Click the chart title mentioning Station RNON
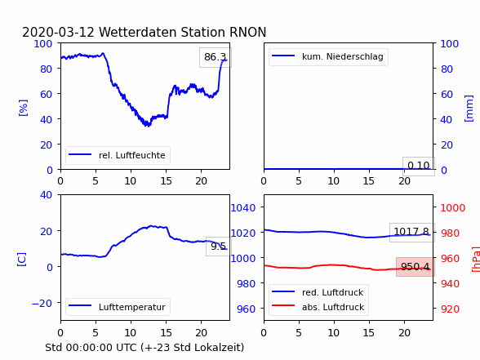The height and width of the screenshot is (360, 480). tap(144, 32)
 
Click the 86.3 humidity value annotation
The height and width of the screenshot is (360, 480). tap(216, 57)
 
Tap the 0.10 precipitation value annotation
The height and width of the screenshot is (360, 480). tap(419, 166)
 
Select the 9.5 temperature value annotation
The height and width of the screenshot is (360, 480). tap(218, 247)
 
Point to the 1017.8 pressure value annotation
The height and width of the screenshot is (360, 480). tap(411, 232)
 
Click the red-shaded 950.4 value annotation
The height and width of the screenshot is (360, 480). tap(415, 267)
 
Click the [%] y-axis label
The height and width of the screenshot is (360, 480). tap(23, 108)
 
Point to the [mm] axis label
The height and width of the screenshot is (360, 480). tap(469, 109)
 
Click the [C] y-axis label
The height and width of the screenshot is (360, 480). tap(22, 260)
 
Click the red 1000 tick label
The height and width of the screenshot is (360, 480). tap(453, 208)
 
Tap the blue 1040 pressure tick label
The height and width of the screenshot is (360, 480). tap(243, 208)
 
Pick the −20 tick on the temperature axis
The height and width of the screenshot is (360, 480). tap(42, 304)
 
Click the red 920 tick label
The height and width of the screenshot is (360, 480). tap(450, 309)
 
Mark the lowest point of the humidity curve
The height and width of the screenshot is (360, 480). tap(149, 126)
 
